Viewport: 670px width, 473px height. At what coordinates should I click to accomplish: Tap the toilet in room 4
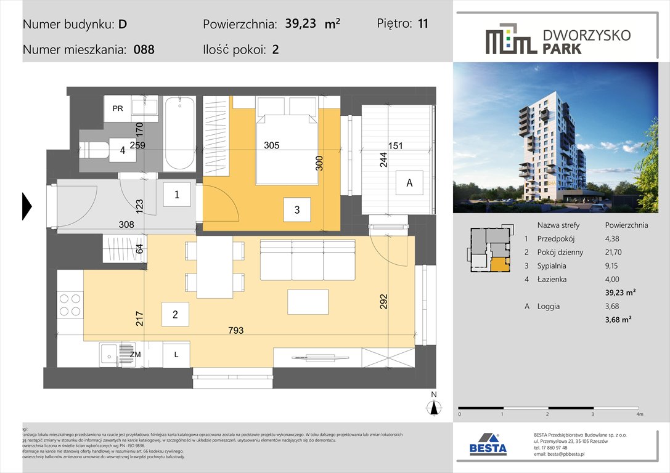[96, 148]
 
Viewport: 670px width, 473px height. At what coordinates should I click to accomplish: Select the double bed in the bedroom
[287, 148]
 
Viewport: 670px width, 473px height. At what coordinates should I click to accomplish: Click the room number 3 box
[296, 210]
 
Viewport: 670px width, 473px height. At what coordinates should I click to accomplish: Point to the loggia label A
[409, 183]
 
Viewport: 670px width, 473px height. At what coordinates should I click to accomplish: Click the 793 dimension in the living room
[235, 331]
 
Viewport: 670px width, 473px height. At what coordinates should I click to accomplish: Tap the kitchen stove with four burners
[70, 304]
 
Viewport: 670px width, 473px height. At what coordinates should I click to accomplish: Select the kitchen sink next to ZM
[110, 354]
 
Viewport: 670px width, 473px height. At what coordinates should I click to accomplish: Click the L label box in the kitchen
[176, 355]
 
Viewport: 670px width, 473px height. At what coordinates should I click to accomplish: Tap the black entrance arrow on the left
[27, 206]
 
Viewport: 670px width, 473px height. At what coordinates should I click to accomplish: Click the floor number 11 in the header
[422, 24]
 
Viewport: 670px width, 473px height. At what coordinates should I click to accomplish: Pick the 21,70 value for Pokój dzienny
[617, 252]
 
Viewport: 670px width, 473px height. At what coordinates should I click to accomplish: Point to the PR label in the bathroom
[118, 109]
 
